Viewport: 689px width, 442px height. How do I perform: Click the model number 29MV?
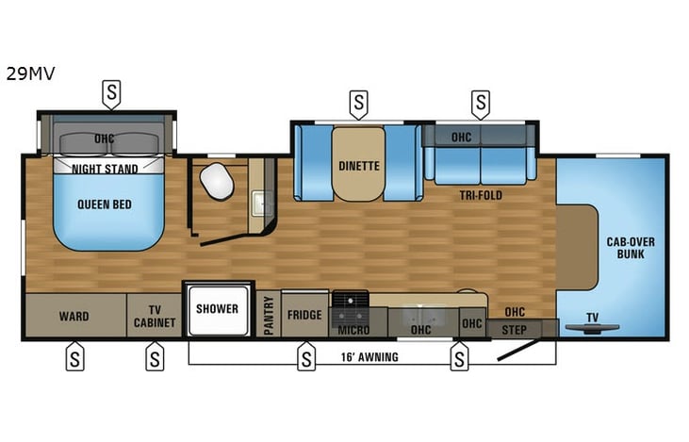pos(30,73)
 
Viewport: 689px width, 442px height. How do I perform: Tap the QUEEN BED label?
pos(105,205)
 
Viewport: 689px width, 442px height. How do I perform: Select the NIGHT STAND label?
pos(106,169)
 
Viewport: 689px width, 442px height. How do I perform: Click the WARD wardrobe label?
pos(74,316)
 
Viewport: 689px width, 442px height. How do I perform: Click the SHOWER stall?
pos(217,309)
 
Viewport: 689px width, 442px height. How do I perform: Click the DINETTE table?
pos(358,166)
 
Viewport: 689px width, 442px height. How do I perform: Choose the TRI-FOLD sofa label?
pos(481,195)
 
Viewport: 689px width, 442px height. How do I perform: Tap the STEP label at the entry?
pos(514,330)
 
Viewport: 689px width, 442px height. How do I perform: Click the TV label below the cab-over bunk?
pos(592,318)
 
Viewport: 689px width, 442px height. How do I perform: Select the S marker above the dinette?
pos(358,101)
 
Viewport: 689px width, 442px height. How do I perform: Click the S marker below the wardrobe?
pos(74,358)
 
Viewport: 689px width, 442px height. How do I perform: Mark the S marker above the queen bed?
pos(112,92)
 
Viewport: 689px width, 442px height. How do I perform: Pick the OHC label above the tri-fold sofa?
pos(461,137)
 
